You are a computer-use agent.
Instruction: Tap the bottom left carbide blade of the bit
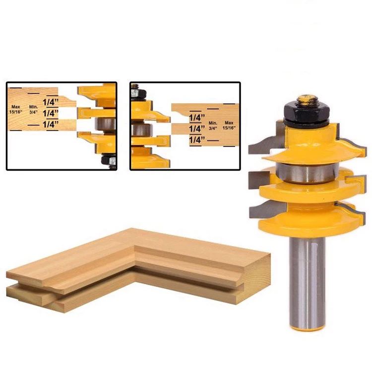click(262, 211)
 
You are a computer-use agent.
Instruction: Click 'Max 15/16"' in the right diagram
click(229, 126)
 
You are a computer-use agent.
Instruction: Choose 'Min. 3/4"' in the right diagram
click(213, 126)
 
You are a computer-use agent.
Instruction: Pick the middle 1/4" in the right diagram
click(197, 129)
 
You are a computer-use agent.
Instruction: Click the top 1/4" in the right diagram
click(197, 118)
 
